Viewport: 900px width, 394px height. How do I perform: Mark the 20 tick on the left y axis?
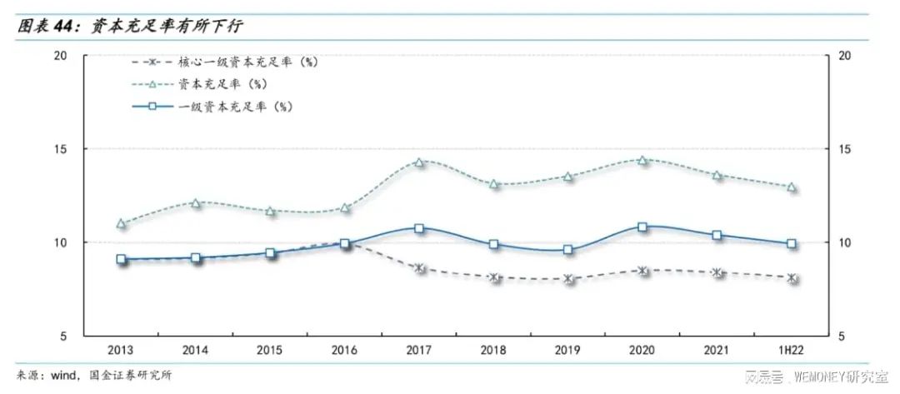60,56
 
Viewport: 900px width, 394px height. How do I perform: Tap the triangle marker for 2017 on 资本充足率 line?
419,162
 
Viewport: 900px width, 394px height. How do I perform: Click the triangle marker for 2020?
642,160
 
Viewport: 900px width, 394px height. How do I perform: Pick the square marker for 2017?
419,228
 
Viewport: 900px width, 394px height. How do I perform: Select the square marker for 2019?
568,250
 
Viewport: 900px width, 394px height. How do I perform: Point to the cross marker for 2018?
494,277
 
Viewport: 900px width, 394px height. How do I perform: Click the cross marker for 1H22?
792,278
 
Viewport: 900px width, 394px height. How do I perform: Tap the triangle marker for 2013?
121,223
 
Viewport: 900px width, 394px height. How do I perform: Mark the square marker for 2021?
717,236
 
